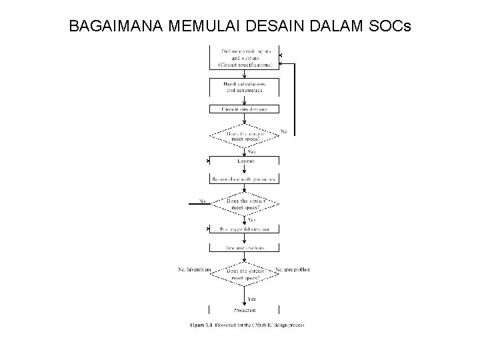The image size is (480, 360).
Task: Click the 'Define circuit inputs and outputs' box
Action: (245, 58)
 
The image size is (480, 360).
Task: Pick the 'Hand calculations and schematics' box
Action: (245, 87)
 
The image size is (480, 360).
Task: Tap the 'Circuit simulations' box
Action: (245, 109)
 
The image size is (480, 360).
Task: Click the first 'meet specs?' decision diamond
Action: (245, 136)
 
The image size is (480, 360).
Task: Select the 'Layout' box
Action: (245, 161)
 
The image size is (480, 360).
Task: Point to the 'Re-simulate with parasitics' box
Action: (245, 179)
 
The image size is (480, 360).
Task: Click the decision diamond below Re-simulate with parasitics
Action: (245, 203)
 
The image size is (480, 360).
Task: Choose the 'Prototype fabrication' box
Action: (245, 229)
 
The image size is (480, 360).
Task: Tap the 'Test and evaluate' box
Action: (245, 248)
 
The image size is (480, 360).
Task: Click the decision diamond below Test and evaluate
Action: (245, 273)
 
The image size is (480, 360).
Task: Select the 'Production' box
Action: (245, 310)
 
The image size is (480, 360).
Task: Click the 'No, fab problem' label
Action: (194, 269)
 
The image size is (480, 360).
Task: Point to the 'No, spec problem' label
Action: (293, 269)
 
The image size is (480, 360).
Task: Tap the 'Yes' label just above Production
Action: (252, 298)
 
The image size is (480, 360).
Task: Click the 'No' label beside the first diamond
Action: (283, 131)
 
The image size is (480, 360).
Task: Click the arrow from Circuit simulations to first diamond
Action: (245, 119)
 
